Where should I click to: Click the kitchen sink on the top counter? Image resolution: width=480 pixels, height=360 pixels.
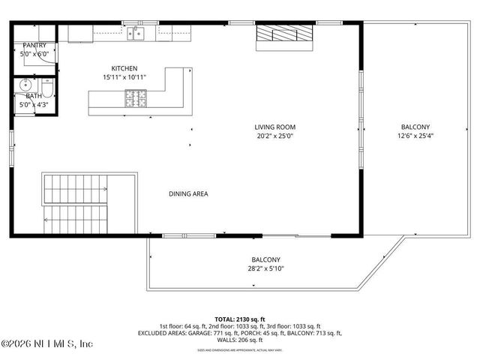point(136,32)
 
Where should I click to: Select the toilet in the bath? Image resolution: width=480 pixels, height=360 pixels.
point(47,91)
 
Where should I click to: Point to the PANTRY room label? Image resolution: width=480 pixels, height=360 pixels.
point(34,45)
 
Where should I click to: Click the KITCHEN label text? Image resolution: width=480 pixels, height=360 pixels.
point(124,68)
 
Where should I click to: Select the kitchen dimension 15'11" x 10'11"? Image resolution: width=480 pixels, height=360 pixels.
point(124,77)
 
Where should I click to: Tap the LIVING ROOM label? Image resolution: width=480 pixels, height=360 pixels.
point(274,127)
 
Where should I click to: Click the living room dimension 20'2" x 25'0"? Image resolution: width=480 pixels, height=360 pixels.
point(274,136)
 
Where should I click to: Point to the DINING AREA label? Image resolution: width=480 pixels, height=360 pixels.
point(188,193)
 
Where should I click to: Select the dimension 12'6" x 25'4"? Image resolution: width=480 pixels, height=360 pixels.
point(415,136)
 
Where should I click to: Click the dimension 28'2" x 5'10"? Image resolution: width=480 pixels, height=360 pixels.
point(266,268)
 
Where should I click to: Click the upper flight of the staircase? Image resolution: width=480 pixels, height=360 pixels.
point(75,187)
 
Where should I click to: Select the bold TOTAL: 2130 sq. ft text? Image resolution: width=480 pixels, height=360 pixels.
point(239,319)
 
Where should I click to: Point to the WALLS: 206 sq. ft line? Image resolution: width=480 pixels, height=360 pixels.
point(239,340)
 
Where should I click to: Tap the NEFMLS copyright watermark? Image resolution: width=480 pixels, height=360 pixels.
point(46,344)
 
